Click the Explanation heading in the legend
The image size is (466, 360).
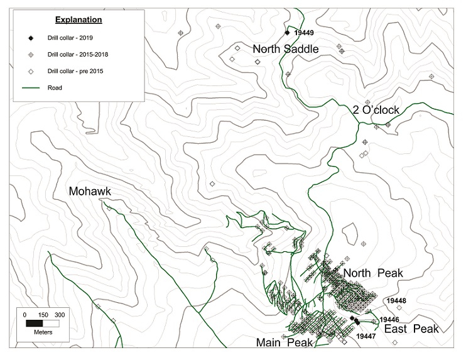tap(78, 19)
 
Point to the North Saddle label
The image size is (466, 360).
tap(285, 49)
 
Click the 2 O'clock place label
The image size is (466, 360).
tap(376, 110)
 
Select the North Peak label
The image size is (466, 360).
tap(372, 273)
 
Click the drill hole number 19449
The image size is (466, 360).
tap(304, 32)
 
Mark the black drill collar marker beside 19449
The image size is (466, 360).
tap(287, 32)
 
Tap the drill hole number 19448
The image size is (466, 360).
tap(397, 301)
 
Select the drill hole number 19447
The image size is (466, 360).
tap(366, 337)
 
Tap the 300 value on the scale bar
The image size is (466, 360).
tap(60, 314)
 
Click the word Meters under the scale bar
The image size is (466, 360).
tap(43, 332)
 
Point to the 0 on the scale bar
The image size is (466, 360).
tap(25, 314)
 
